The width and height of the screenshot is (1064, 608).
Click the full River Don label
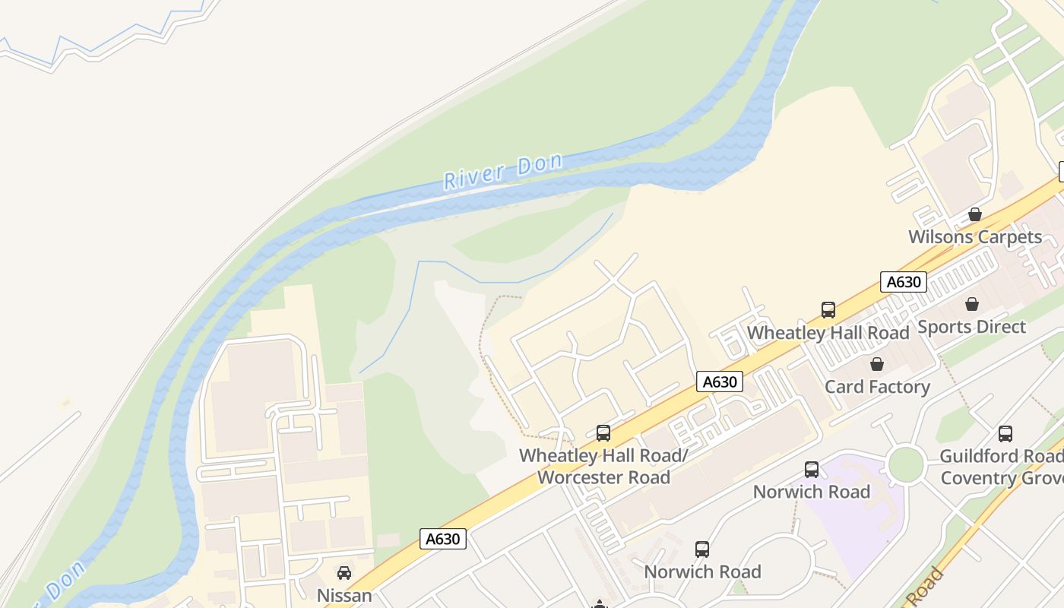503,171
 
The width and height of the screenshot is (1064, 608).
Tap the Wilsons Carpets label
975,237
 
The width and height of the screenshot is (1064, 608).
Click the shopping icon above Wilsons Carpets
975,215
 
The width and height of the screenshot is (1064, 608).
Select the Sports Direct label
971,327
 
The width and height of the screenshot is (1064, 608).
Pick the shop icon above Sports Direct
971,305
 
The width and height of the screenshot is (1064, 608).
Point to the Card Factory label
877,387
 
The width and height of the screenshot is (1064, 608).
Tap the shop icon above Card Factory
877,364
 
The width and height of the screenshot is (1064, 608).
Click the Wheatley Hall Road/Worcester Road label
603,466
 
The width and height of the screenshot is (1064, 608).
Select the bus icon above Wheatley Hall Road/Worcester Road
603,433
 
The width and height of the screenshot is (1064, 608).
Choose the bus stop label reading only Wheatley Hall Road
828,333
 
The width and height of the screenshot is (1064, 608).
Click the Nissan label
344,595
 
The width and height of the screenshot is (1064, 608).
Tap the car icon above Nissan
344,573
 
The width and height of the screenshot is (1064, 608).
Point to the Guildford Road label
1001,456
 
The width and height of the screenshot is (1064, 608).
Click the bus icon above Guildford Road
1005,434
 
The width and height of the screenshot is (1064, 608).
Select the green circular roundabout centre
905,464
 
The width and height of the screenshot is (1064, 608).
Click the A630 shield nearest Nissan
442,539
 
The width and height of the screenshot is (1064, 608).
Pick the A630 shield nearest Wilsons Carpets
904,282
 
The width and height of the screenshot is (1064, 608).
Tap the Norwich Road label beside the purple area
811,492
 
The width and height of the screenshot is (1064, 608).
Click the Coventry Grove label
1001,479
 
